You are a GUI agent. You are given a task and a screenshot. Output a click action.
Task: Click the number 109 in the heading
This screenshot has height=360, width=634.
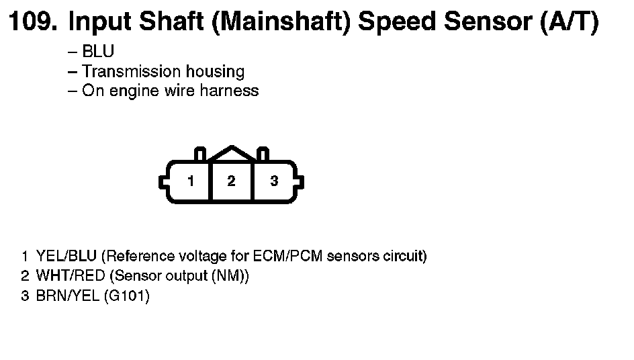point(32,21)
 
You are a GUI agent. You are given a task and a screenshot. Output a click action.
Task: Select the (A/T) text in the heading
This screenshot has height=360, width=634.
point(570,21)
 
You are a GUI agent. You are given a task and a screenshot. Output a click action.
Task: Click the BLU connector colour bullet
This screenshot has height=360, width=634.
point(98,51)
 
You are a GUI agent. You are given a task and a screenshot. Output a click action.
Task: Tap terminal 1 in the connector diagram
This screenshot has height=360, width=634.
point(191,181)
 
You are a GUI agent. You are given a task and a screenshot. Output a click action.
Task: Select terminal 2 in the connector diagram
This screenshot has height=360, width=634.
point(231,181)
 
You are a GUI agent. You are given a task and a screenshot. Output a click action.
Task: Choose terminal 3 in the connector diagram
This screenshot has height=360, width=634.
point(274,181)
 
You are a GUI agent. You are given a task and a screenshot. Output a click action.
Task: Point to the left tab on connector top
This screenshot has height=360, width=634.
point(200,154)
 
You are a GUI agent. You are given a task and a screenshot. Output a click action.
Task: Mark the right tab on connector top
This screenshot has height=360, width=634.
point(263,154)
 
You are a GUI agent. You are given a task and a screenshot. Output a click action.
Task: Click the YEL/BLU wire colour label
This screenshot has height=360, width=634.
point(66,256)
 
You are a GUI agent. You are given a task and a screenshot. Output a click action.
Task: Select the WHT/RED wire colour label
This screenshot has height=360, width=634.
point(71,275)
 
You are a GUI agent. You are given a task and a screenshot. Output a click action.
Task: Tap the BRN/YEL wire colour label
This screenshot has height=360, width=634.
point(68,296)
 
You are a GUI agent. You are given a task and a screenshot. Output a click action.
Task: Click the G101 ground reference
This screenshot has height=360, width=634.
point(126,296)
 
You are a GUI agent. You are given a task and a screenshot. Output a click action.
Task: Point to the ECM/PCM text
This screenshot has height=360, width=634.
point(287,256)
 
